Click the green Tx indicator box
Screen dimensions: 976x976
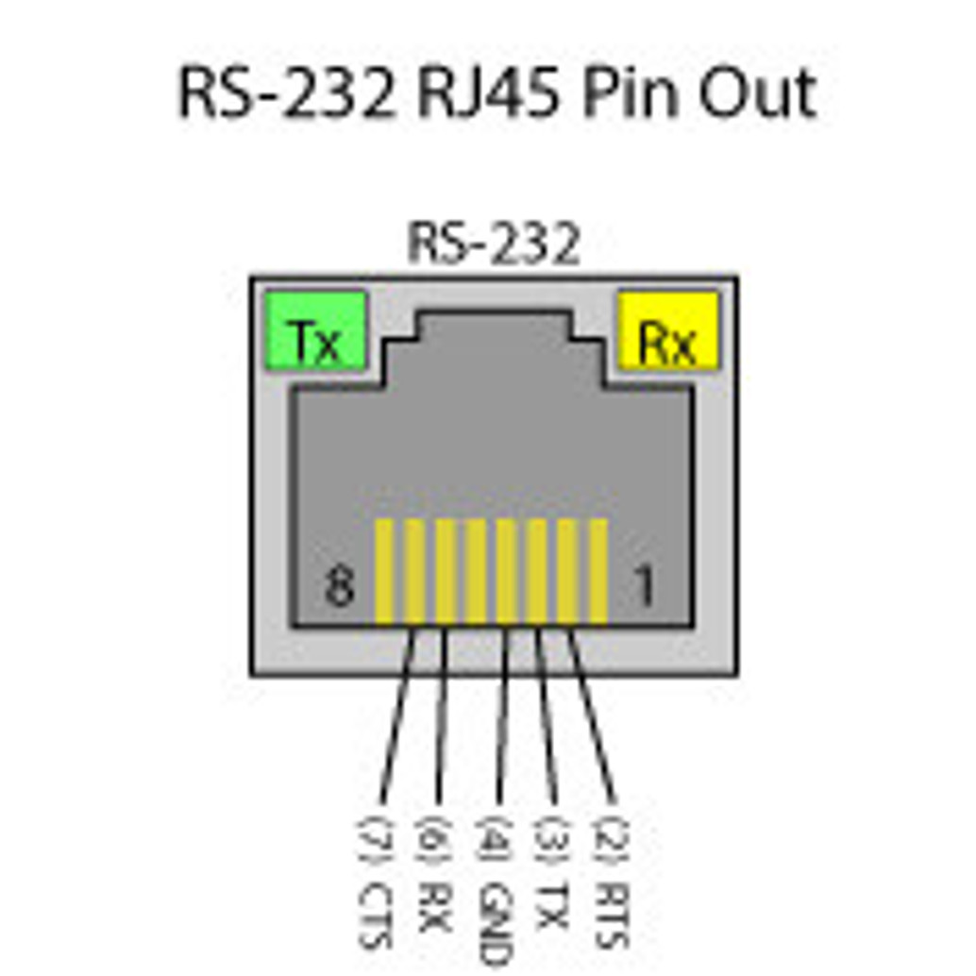(x=315, y=330)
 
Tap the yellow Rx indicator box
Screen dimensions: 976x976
(x=667, y=331)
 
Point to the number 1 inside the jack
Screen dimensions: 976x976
(x=644, y=586)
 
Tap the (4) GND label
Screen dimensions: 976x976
(x=495, y=887)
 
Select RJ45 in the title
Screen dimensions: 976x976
(x=491, y=94)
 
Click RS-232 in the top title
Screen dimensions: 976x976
(x=287, y=94)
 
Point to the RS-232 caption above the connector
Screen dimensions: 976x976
(x=493, y=244)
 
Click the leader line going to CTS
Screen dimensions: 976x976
(x=396, y=717)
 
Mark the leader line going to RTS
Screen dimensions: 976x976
(x=592, y=717)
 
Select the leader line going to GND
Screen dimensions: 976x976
(x=500, y=717)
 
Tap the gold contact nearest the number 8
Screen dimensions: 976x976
(x=384, y=572)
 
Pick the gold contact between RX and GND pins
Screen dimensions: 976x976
(x=476, y=572)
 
